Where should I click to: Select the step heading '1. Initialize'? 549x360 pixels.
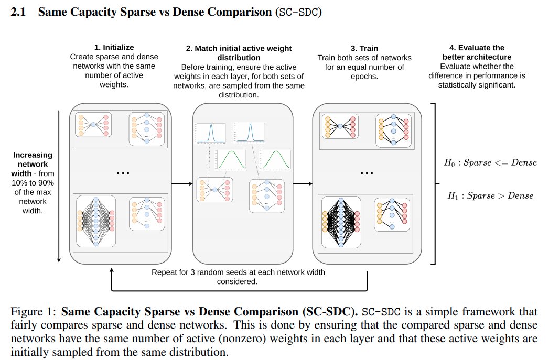114,48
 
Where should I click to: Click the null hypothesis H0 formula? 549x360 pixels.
490,162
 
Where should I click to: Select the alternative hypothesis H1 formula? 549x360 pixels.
490,195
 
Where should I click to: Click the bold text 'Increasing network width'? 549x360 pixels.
33,159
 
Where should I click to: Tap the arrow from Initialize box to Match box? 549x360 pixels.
182,184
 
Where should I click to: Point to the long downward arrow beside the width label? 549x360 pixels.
60,183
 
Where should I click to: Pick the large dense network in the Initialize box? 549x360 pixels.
96,221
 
